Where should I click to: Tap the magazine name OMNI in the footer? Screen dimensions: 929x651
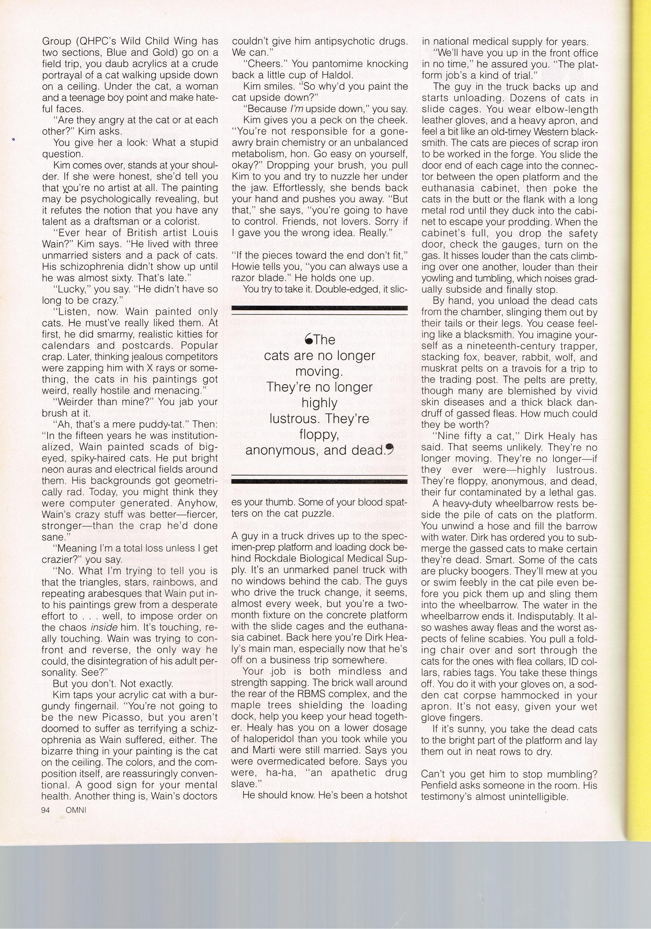point(76,809)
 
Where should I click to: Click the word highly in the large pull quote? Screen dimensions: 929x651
point(319,403)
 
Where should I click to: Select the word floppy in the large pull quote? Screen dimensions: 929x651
point(319,435)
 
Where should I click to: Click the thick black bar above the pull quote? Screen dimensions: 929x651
point(319,308)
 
